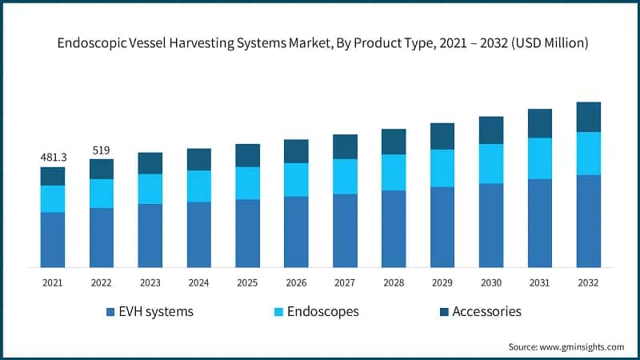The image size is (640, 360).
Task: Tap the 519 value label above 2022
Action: tap(102, 150)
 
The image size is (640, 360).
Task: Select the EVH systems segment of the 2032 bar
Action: tap(588, 221)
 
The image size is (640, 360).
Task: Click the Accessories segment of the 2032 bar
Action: tap(588, 117)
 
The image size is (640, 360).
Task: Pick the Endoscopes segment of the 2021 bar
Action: tap(53, 199)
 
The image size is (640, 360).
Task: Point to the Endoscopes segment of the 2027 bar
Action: tap(345, 176)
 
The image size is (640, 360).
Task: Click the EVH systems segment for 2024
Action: tap(199, 234)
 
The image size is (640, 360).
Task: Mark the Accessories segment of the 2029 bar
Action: tap(442, 136)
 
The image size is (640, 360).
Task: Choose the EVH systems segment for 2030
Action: tap(491, 225)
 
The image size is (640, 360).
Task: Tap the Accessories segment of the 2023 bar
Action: tap(150, 163)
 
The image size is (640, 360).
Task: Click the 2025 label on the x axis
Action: tap(247, 282)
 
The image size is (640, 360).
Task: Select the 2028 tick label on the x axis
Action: tap(394, 282)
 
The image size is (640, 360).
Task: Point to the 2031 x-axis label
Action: tap(539, 282)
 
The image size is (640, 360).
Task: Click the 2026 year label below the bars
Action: tap(296, 282)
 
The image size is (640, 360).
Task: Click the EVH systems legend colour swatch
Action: tap(110, 311)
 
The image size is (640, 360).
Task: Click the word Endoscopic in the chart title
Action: tap(91, 44)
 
